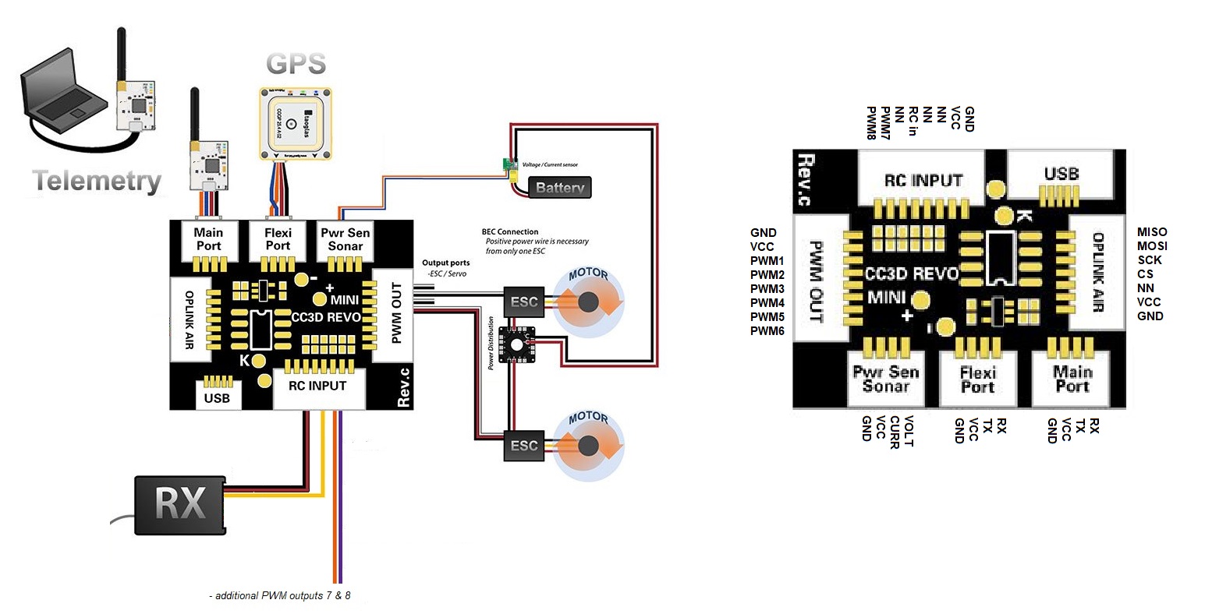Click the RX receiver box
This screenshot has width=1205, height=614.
[180, 505]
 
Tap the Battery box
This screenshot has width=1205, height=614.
[559, 188]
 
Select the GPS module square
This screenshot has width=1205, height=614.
[295, 124]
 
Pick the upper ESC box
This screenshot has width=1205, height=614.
[524, 302]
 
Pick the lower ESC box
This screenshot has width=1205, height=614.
[524, 446]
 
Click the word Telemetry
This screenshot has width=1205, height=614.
[97, 181]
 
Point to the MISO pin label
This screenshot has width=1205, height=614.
[1152, 232]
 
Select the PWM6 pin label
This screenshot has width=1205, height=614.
[767, 331]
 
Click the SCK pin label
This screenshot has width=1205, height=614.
[1149, 260]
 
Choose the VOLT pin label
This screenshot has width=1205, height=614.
[909, 431]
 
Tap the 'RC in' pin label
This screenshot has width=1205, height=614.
[913, 122]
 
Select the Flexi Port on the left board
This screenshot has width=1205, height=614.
[278, 239]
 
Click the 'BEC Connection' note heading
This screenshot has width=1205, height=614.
[510, 231]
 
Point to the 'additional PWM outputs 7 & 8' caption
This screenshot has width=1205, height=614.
[280, 596]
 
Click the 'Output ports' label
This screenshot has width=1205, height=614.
[446, 263]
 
